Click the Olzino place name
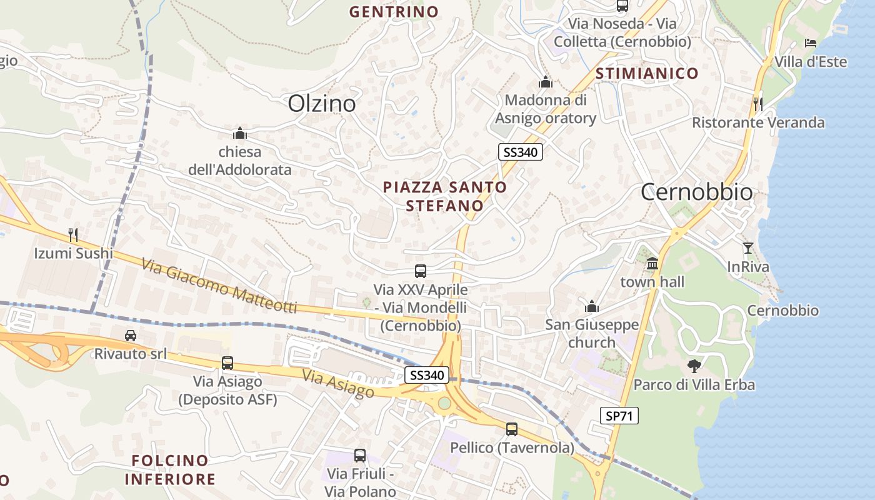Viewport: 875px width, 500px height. tap(322, 103)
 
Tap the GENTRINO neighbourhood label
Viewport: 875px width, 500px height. tap(394, 11)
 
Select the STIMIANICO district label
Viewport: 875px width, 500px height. tap(647, 73)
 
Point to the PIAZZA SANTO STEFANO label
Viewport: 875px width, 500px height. tap(444, 196)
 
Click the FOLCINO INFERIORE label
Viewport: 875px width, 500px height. tap(169, 470)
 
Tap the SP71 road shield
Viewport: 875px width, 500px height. tap(619, 415)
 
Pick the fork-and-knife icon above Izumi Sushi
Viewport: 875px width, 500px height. tap(73, 235)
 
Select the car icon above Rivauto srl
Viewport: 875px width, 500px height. tap(130, 335)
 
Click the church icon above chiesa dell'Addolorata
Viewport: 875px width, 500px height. tap(239, 132)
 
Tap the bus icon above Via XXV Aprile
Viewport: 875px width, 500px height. tap(421, 271)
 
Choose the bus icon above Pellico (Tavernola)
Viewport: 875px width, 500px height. tap(512, 429)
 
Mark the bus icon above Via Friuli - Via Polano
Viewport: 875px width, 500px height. tap(360, 456)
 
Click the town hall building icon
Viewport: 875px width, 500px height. tap(652, 263)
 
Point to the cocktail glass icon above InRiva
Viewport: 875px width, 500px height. tap(747, 248)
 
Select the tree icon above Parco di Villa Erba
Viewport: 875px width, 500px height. tap(694, 366)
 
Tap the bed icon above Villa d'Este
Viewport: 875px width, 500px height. tap(811, 43)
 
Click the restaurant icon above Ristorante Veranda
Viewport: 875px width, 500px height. tap(758, 104)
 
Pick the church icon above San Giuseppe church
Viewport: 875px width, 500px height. tap(592, 306)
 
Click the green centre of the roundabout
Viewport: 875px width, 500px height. tap(444, 403)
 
